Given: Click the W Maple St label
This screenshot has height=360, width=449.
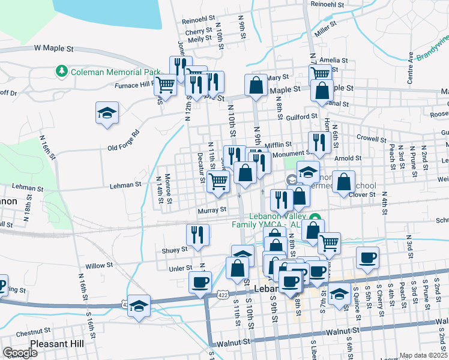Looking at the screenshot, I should point(53,47).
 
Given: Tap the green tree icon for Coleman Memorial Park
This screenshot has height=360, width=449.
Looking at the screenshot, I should point(61,72).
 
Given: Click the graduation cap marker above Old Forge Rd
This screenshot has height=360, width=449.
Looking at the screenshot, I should point(107,113).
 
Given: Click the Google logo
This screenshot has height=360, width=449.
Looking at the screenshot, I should point(20,353).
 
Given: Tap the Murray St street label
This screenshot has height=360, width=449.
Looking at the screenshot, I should point(212,210).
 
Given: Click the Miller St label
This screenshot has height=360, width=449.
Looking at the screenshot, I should point(325,28).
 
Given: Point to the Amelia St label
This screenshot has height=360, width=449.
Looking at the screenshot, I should point(334,60).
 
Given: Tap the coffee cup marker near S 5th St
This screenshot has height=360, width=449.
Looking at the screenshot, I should point(367,259).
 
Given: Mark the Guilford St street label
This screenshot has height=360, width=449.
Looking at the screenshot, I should point(301,116).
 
